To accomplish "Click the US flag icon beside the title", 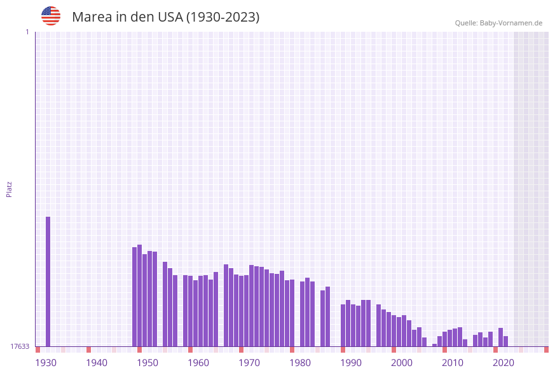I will click(x=51, y=16).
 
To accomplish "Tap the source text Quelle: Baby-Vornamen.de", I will click(x=498, y=23).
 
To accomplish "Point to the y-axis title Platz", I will click(x=10, y=189).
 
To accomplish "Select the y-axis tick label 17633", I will click(x=20, y=346).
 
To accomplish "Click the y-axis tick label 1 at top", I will click(x=27, y=32).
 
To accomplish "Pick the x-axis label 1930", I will click(x=46, y=363).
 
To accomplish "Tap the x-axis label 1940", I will click(x=97, y=363).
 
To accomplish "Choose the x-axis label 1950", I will click(x=147, y=363).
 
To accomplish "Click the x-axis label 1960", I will click(x=198, y=363).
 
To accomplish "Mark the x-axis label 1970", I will click(x=249, y=363).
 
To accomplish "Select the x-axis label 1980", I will click(x=300, y=363).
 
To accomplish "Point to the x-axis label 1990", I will click(x=351, y=363).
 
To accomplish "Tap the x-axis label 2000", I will click(x=402, y=363).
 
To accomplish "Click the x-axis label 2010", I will click(x=453, y=363).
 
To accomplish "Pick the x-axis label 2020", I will click(x=504, y=363).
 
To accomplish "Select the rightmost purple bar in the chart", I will click(x=505, y=341).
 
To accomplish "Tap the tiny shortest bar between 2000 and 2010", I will click(x=434, y=345).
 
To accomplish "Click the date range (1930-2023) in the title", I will click(x=223, y=17).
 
